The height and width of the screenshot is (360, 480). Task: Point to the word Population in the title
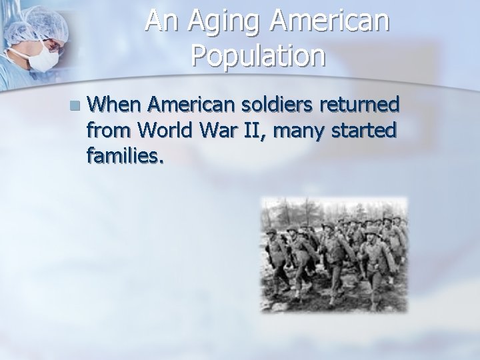click(258, 57)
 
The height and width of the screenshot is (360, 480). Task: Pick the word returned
click(363, 104)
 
